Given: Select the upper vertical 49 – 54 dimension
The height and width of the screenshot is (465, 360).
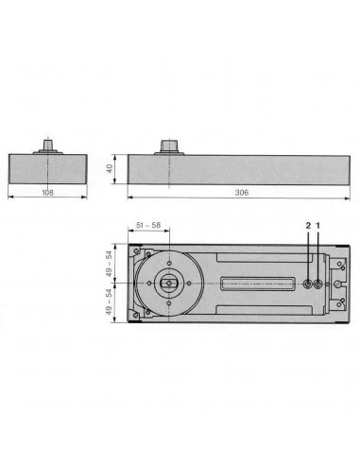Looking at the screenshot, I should coord(110,263).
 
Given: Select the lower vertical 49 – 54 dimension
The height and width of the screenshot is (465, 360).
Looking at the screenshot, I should coord(110,304).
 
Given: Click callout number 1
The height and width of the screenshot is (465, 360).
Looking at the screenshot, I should coord(318,225).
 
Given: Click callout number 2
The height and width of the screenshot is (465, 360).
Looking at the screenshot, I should coord(307,225).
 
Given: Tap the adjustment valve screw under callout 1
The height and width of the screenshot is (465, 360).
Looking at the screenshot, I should coord(318,284).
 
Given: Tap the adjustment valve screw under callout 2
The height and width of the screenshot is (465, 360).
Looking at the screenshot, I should coord(308,284).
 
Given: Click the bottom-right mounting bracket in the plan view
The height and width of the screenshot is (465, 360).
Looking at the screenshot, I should coord(341,304).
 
